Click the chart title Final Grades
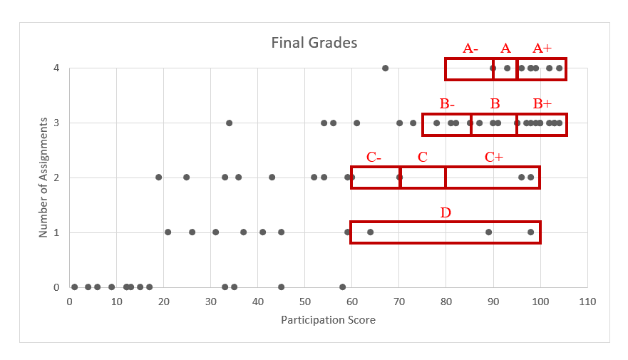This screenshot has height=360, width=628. (314, 43)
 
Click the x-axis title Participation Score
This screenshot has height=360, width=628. (328, 319)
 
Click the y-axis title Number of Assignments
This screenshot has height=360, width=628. (43, 178)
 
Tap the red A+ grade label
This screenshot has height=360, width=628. (542, 48)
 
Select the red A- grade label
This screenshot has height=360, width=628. (470, 48)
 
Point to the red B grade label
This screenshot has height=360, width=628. (495, 103)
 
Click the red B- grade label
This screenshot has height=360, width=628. (447, 103)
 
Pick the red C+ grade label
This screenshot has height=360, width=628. (493, 157)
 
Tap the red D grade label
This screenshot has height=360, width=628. (446, 212)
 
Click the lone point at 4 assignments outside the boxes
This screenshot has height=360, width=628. (385, 68)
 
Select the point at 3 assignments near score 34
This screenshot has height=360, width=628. (229, 123)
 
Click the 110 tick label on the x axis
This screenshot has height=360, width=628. (587, 301)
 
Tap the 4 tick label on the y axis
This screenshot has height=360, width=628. (57, 68)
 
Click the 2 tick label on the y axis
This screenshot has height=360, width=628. (57, 178)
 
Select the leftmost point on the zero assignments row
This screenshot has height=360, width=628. (74, 287)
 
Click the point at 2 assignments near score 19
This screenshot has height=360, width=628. (158, 178)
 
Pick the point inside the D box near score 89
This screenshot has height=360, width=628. (488, 232)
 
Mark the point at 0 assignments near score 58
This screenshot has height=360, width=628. (342, 287)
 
